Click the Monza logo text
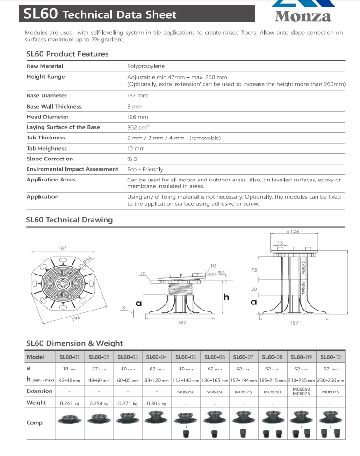pos(303,16)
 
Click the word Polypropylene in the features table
pos(146,66)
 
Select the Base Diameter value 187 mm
pos(137,96)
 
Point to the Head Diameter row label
pos(48,117)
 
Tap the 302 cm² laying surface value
pos(139,127)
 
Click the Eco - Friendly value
pos(145,169)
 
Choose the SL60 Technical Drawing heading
pos(70,220)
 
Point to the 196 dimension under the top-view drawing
pos(76,318)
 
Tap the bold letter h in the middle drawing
pos(226,297)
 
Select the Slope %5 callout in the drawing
pos(216,273)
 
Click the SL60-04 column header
pos(156,357)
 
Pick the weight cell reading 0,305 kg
pos(156,403)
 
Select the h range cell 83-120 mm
pos(156,380)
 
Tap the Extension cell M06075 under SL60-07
pos(243,392)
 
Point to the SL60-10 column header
pos(331,357)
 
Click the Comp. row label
pos(35,423)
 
